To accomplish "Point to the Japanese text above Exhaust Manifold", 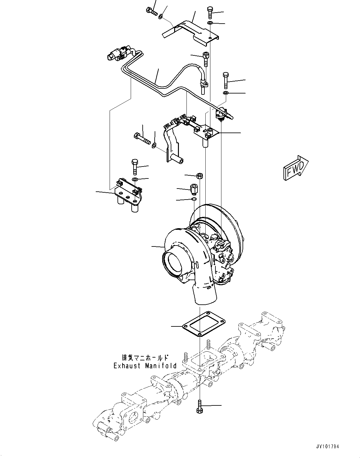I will tap(145, 358).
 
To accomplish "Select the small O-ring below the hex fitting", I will tap(194, 199).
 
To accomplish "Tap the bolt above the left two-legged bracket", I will tap(134, 167).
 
